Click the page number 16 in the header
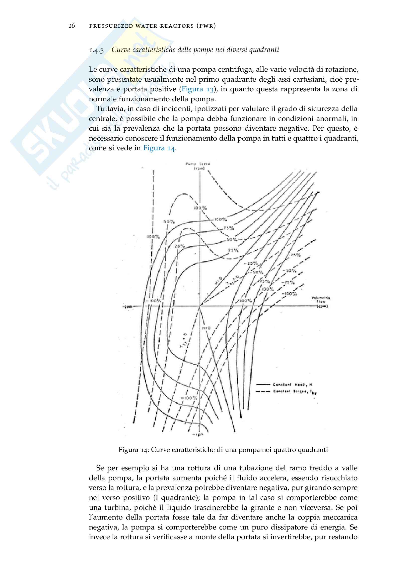point(72,26)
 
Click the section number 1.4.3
point(96,50)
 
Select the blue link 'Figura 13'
point(197,89)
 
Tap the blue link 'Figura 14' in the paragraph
point(159,148)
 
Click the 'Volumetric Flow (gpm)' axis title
point(321,302)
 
